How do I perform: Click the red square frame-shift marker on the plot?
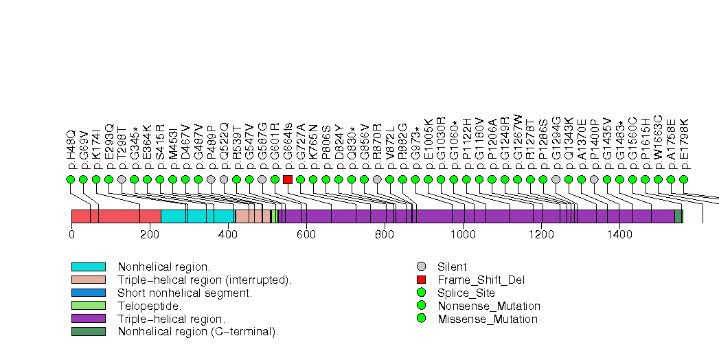click(x=288, y=179)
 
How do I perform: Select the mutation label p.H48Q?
click(x=71, y=149)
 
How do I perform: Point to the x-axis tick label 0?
click(x=71, y=235)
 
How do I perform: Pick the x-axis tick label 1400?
click(x=619, y=235)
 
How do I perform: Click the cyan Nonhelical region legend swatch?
click(x=88, y=267)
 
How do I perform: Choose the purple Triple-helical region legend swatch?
click(x=88, y=319)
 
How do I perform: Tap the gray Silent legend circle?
click(x=422, y=267)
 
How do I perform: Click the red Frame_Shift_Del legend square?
click(x=422, y=280)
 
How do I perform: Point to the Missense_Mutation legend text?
click(x=488, y=319)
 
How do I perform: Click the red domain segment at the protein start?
click(x=115, y=216)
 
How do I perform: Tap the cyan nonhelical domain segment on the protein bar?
click(x=197, y=216)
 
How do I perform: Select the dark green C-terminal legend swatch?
click(x=88, y=332)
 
